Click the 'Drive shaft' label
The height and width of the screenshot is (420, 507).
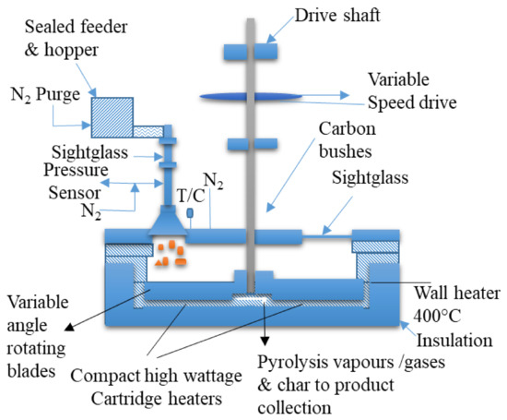click(337, 15)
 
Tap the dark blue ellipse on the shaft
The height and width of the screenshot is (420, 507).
click(251, 97)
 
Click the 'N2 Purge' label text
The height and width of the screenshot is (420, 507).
click(45, 94)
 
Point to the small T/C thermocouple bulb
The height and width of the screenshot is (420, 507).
click(190, 212)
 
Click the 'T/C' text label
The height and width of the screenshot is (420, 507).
click(191, 196)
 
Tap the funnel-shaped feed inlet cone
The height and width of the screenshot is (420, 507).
click(168, 221)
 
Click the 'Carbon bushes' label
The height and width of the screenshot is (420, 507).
click(347, 140)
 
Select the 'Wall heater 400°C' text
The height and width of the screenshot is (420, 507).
click(457, 304)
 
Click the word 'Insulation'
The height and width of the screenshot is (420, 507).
click(454, 341)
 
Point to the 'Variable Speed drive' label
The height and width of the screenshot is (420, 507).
click(412, 91)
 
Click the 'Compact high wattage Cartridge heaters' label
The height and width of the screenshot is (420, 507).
click(157, 387)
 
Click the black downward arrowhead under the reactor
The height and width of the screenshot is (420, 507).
click(265, 341)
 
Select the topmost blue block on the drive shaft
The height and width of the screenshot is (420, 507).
click(251, 52)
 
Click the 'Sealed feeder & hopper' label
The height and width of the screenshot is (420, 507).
click(76, 38)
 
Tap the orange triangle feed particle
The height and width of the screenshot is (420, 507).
click(159, 263)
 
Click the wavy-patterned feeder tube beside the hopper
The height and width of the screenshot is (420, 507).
click(148, 132)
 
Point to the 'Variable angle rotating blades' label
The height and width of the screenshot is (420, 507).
click(38, 336)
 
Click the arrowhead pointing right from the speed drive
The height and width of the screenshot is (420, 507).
click(345, 95)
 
